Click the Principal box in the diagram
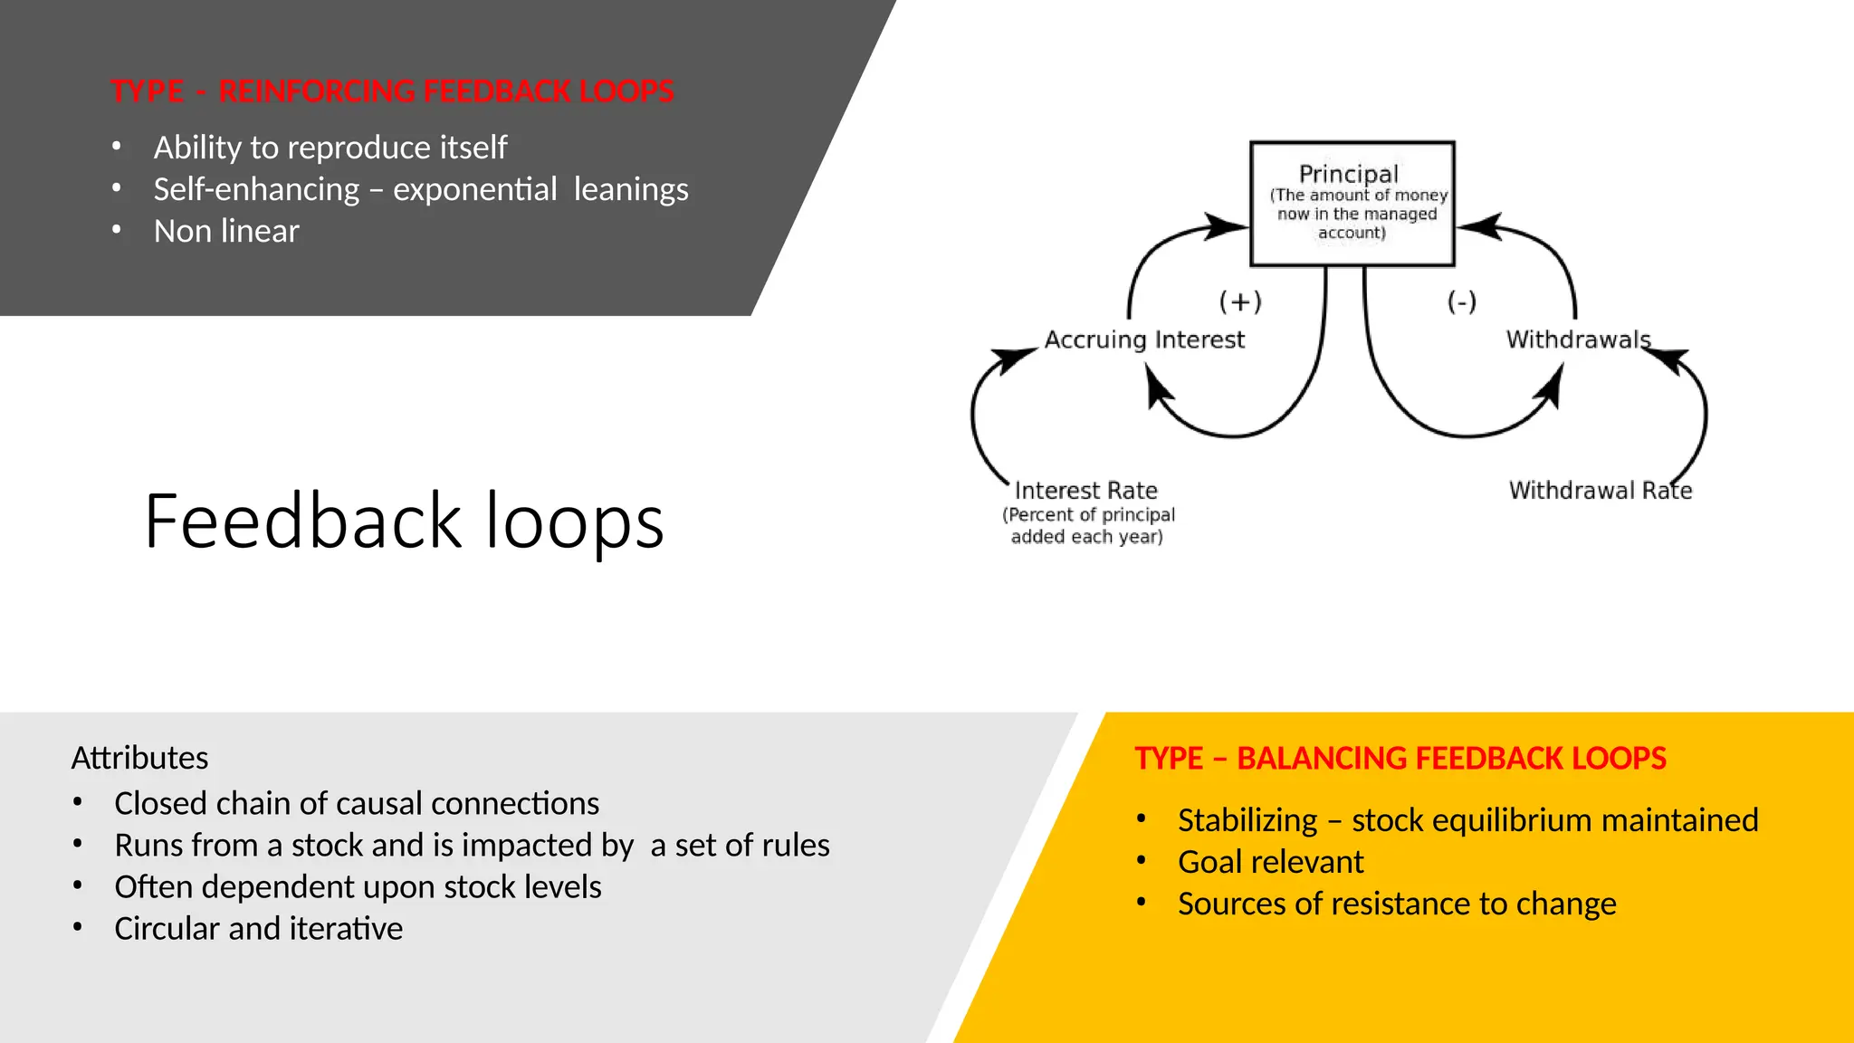(1352, 203)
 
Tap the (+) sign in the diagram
(1240, 301)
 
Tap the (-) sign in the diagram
(1461, 301)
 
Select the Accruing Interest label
(1144, 340)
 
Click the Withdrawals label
(1578, 340)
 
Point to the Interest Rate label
(1085, 491)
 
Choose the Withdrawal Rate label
(1600, 491)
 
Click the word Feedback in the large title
(303, 521)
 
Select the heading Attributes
(139, 758)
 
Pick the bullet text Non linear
(226, 232)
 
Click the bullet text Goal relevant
(1270, 862)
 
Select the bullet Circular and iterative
(258, 929)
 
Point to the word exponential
(474, 190)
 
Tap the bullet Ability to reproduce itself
(330, 148)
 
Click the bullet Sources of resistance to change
(1397, 904)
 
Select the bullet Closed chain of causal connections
(357, 804)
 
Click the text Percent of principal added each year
(1087, 526)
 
